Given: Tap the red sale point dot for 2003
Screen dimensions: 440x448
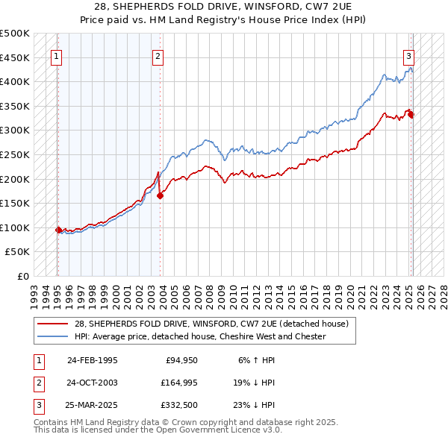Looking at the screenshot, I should point(161,195).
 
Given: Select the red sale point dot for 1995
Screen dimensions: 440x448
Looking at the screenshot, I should point(58,230).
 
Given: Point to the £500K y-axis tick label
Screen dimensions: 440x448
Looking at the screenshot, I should point(16,34).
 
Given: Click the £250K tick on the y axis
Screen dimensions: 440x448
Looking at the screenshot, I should point(16,154).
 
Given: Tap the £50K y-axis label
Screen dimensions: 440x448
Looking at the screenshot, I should point(19,252).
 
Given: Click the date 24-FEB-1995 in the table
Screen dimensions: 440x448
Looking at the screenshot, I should point(92,360).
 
